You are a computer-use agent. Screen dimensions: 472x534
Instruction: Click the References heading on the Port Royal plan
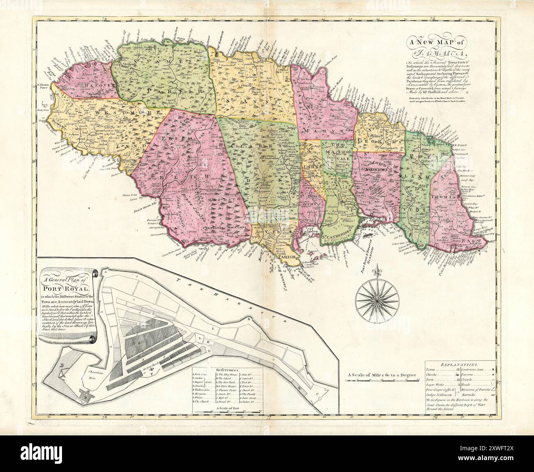(227, 370)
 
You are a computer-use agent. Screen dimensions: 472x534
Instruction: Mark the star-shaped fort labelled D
(86, 396)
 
